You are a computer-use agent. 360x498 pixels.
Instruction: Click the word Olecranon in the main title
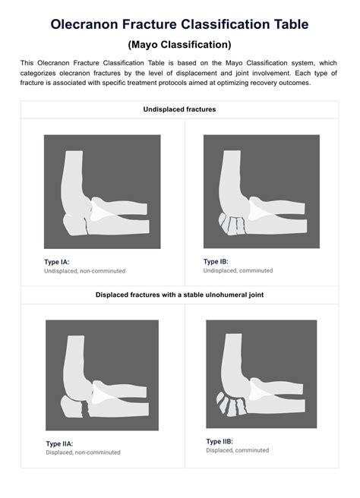84,24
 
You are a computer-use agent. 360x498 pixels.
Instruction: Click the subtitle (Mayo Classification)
179,45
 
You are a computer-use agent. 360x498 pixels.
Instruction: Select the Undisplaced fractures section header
179,109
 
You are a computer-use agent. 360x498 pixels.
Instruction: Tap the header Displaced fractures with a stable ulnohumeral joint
179,295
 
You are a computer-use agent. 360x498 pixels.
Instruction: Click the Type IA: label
56,262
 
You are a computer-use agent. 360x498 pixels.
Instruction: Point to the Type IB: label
216,262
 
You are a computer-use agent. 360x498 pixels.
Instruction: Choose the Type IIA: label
59,443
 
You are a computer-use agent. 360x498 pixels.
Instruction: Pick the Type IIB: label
219,442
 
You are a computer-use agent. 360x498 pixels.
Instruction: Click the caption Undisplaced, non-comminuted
84,271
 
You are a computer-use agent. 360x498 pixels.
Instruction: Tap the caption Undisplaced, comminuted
238,270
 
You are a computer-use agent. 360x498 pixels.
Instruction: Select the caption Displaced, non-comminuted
83,452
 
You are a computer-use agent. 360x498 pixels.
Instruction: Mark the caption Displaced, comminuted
238,450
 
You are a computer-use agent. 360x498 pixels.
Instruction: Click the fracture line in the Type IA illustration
86,225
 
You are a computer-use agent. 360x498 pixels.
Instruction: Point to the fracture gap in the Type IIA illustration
85,409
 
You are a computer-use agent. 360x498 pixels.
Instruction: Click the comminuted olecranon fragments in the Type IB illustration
232,225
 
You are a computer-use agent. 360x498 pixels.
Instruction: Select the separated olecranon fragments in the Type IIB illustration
231,404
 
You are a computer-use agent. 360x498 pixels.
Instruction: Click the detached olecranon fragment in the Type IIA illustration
72,407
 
